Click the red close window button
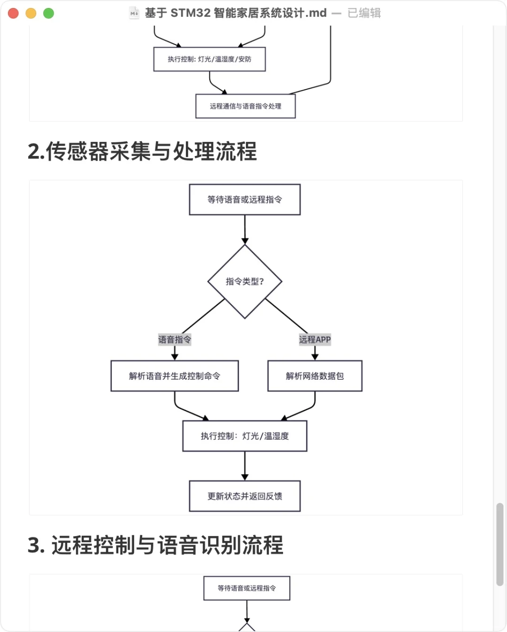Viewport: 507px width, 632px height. [x=13, y=13]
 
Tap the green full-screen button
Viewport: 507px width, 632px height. [x=48, y=13]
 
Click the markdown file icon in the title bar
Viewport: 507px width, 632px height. [x=134, y=13]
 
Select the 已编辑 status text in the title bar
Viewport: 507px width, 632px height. [x=364, y=13]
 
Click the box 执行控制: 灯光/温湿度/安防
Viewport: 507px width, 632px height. [x=209, y=59]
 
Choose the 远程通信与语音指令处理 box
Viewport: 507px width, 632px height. [x=245, y=106]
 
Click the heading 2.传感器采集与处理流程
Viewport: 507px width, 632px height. [x=142, y=151]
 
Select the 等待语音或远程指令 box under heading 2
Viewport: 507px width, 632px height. [x=245, y=200]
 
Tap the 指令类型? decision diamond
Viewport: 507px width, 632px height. [x=245, y=281]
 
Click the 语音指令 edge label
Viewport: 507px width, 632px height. [x=175, y=339]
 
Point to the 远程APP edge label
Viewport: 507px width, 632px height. [x=315, y=339]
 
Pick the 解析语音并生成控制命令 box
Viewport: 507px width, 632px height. [x=175, y=376]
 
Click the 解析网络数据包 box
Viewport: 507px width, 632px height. [x=315, y=376]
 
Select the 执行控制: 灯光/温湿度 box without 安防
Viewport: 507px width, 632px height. [x=245, y=436]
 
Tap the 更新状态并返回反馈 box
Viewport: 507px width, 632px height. [x=245, y=496]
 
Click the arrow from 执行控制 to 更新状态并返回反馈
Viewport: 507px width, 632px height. [x=245, y=465]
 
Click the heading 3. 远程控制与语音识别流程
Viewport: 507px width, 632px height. [x=155, y=545]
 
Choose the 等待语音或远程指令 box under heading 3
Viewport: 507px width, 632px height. [x=246, y=588]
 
